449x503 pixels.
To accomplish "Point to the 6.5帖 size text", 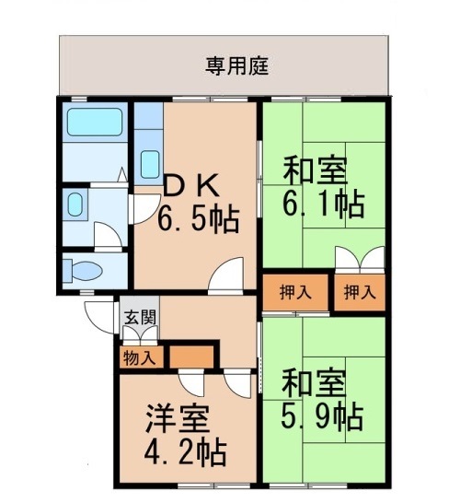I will pos(198,220).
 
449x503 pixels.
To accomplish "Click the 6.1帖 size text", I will pos(323,202).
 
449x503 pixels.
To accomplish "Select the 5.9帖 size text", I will pos(322,416).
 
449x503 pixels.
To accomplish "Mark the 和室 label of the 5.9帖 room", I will pos(313,383).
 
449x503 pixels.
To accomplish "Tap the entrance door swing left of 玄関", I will pos(98,313).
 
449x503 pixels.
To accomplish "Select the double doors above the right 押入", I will pos(358,259).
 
